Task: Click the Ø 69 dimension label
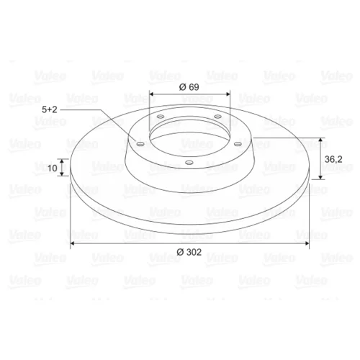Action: point(189,87)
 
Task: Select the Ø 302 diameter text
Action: point(189,252)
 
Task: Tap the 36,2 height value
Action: point(333,159)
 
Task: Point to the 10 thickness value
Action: point(53,168)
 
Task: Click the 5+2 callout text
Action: point(50,109)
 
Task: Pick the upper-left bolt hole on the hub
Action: point(161,117)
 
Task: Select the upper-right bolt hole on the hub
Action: point(217,117)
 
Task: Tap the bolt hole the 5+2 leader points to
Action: point(140,144)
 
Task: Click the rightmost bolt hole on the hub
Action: point(238,144)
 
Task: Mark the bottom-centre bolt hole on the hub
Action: point(189,163)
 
